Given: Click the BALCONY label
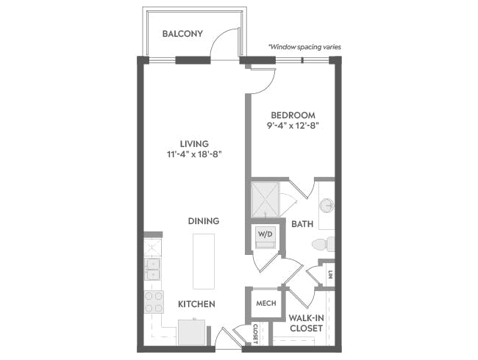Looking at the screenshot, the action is pyautogui.click(x=182, y=34).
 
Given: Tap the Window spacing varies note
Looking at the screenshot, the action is pyautogui.click(x=304, y=47).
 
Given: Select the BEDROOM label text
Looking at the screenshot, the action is pyautogui.click(x=293, y=115).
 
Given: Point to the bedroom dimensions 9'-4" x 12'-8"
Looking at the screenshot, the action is pyautogui.click(x=293, y=126).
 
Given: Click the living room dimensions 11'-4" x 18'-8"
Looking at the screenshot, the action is pyautogui.click(x=194, y=154).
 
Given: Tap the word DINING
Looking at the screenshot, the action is pyautogui.click(x=203, y=221).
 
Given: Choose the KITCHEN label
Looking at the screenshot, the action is pyautogui.click(x=196, y=304).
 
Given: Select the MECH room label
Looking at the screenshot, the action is pyautogui.click(x=266, y=303).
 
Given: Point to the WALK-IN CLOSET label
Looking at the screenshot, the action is pyautogui.click(x=306, y=323).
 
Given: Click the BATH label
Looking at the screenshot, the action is pyautogui.click(x=302, y=224).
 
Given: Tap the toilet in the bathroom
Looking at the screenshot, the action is pyautogui.click(x=323, y=244).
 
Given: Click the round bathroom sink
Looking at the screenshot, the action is pyautogui.click(x=327, y=205).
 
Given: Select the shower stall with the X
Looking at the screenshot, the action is pyautogui.click(x=265, y=200).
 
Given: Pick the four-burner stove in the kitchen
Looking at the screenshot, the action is pyautogui.click(x=154, y=302).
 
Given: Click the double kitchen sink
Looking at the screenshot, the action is pyautogui.click(x=152, y=269).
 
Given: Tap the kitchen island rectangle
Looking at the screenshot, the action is pyautogui.click(x=204, y=262).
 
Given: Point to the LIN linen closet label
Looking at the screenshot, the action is pyautogui.click(x=330, y=275).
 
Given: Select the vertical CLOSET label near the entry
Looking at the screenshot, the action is pyautogui.click(x=256, y=334).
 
